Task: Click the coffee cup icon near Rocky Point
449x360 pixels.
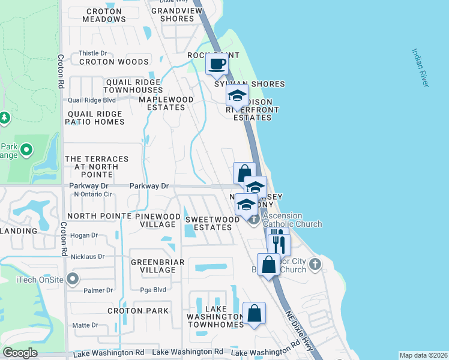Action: coord(217,64)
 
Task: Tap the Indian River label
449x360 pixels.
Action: coord(420,67)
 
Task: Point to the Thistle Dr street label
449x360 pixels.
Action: coord(92,53)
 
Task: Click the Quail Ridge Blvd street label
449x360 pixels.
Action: coord(92,100)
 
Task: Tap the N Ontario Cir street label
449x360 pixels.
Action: coord(93,194)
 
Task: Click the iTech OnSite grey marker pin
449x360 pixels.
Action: coord(73,278)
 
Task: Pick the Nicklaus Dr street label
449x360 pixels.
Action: coord(88,257)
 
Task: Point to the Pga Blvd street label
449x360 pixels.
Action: coord(155,289)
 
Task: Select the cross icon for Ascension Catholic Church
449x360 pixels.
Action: coord(254,220)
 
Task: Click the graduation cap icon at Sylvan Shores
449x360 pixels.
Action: coord(237,95)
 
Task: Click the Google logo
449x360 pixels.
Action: coord(20,353)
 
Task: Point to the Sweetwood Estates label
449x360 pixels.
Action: coord(212,223)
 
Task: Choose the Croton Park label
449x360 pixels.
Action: coord(138,311)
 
